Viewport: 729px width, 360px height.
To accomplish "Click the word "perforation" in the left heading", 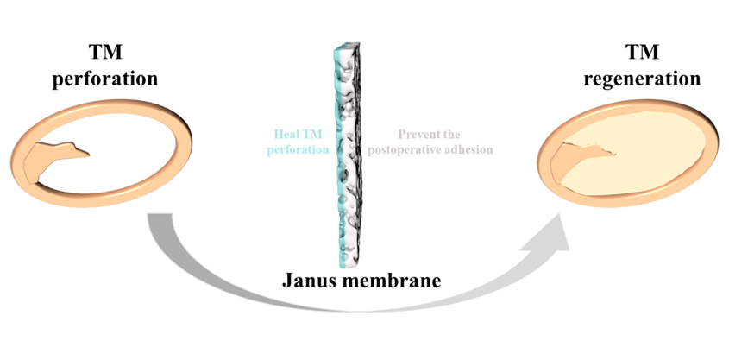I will point(104,79).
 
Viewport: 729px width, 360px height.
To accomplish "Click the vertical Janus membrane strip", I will point(349,155).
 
